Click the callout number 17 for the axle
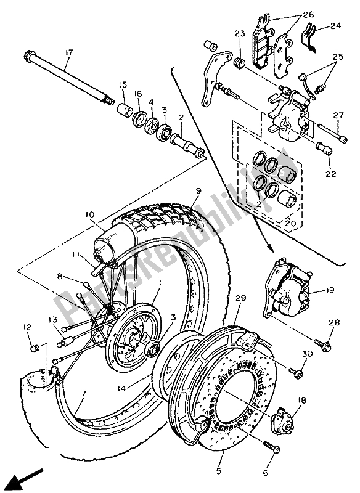pos(68,53)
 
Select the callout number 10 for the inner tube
pos(90,214)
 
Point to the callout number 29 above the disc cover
pos(240,298)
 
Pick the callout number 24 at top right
pos(335,26)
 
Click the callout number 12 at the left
pos(27,327)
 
